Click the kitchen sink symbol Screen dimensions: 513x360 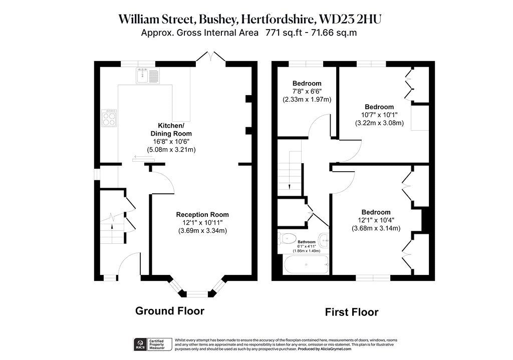148,76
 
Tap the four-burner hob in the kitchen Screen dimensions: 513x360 109,118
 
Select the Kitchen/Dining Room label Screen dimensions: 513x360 171,130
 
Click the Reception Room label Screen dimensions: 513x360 202,214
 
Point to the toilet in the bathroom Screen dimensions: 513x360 287,239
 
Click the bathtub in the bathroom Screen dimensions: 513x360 306,264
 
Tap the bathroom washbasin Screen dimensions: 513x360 324,241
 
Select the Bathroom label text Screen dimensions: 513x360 307,242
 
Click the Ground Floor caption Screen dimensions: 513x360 170,310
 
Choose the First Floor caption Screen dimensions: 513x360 352,312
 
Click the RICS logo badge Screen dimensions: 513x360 140,344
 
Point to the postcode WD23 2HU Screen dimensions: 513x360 350,20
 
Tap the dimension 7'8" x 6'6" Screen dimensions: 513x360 307,91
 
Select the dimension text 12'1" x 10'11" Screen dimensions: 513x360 202,223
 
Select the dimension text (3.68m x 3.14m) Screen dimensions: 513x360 376,228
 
